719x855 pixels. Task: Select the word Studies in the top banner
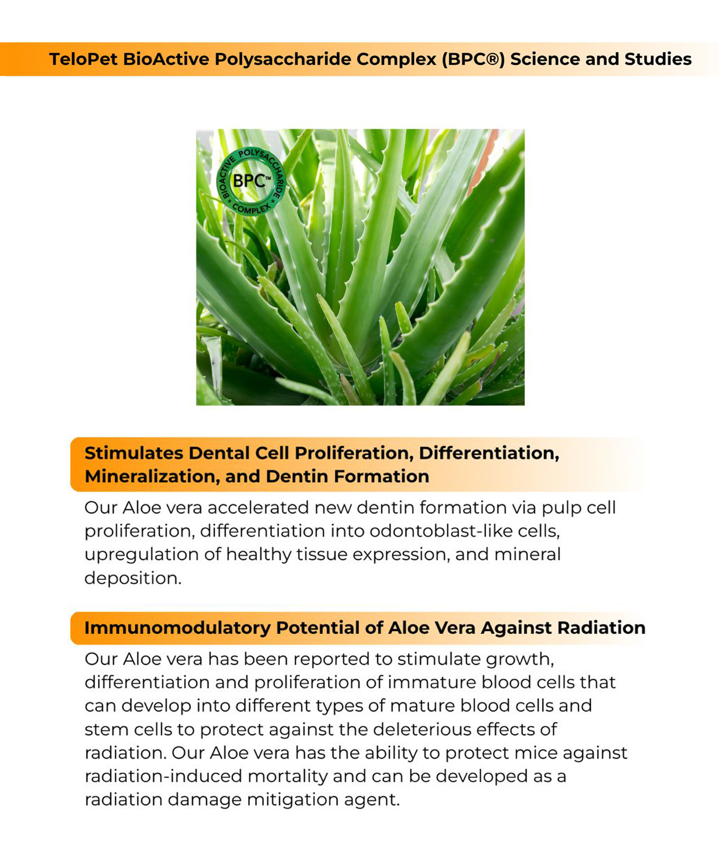coord(658,59)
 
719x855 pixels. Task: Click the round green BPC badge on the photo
coord(250,181)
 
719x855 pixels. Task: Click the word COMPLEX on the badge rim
coord(250,208)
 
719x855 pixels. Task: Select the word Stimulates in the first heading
coord(133,453)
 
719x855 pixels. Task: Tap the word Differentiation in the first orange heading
coord(489,453)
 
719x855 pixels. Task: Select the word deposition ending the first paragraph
coord(133,578)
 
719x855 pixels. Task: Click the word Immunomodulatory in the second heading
coord(177,628)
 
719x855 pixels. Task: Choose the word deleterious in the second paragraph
coord(423,729)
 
